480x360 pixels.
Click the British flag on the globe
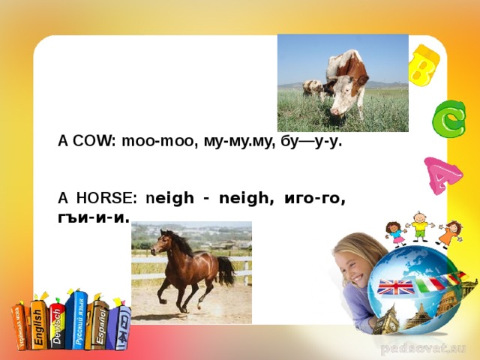tap(394, 286)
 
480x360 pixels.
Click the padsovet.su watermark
tap(424, 348)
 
